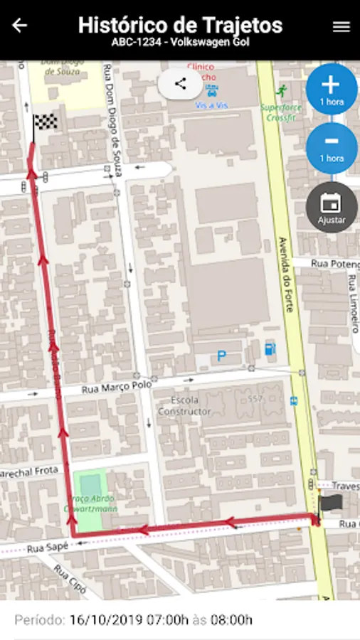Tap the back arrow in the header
tap(20, 26)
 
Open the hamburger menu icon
tap(342, 26)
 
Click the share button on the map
tap(180, 84)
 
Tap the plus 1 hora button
tap(331, 90)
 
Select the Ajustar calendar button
tap(331, 207)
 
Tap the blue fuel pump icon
tap(270, 349)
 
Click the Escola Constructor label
tap(184, 405)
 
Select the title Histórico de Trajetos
tap(180, 25)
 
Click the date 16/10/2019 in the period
tap(105, 620)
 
